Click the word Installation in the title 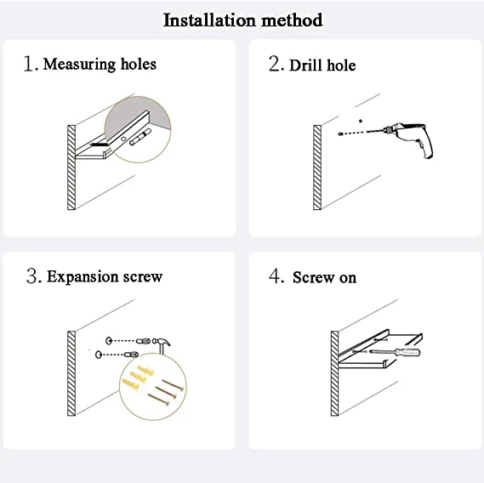(x=207, y=20)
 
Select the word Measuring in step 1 (x=79, y=64)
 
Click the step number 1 (x=30, y=64)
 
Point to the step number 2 (x=275, y=65)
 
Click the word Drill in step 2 (x=305, y=65)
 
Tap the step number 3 (x=32, y=276)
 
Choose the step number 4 (x=276, y=276)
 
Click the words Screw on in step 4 (x=324, y=278)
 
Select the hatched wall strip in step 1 (x=71, y=168)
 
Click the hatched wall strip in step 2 (x=317, y=168)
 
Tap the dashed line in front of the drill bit (x=361, y=133)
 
